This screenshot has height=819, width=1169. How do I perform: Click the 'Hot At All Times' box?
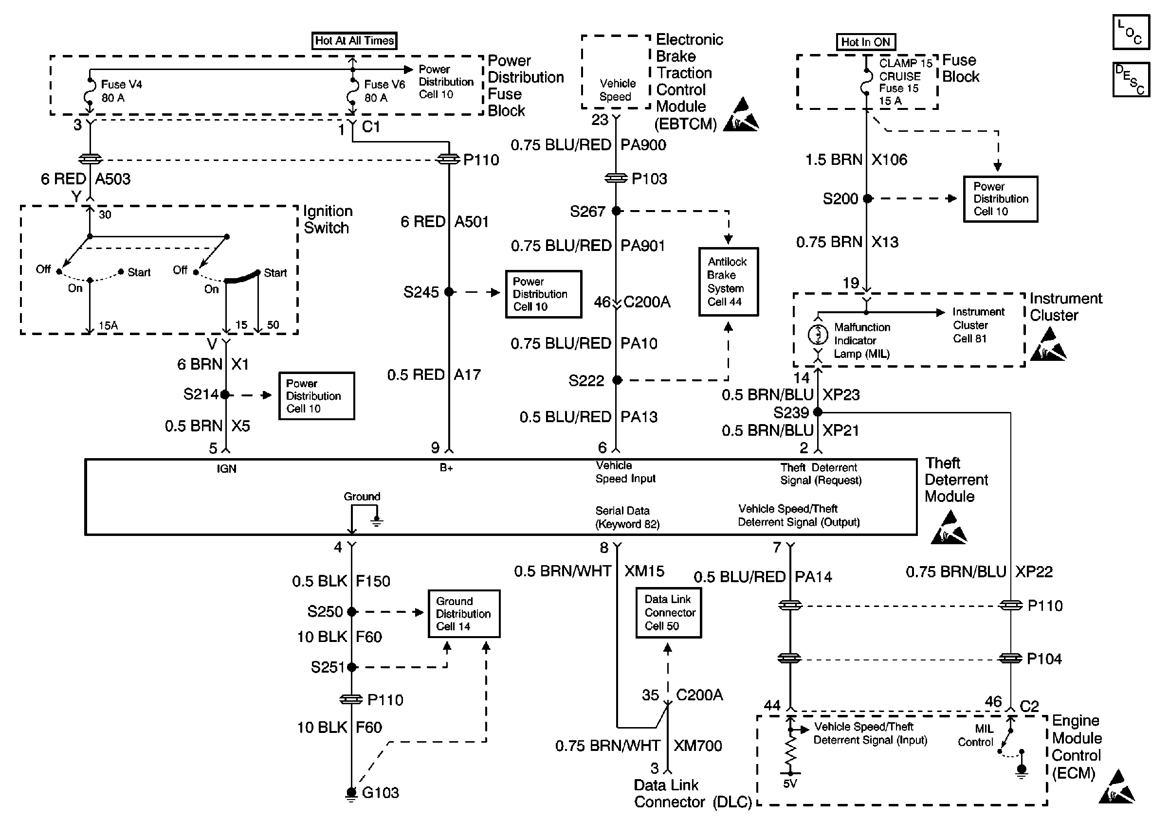(x=354, y=41)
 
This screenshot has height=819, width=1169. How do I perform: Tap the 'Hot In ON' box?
(x=865, y=42)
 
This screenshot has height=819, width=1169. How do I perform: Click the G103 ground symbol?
(x=351, y=793)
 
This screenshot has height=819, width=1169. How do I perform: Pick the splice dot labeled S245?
(x=449, y=292)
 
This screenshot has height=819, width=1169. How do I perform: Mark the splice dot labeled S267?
(x=616, y=211)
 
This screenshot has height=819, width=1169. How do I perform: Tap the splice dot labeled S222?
(x=617, y=380)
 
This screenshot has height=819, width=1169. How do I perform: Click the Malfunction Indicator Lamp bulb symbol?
(x=818, y=334)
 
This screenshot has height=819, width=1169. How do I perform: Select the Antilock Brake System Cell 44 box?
(x=728, y=282)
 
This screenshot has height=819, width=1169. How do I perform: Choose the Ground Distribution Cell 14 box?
(x=464, y=613)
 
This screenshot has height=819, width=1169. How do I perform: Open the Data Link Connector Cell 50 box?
(x=669, y=612)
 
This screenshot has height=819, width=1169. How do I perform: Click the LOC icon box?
(x=1131, y=32)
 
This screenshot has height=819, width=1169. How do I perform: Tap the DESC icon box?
(x=1131, y=79)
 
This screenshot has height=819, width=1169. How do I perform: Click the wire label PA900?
(x=643, y=145)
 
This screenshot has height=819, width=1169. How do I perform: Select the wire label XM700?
(x=697, y=746)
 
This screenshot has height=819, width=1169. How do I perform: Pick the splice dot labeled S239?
(x=818, y=411)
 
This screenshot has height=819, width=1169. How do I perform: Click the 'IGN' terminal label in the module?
(x=227, y=468)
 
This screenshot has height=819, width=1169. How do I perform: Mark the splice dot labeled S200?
(x=867, y=198)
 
